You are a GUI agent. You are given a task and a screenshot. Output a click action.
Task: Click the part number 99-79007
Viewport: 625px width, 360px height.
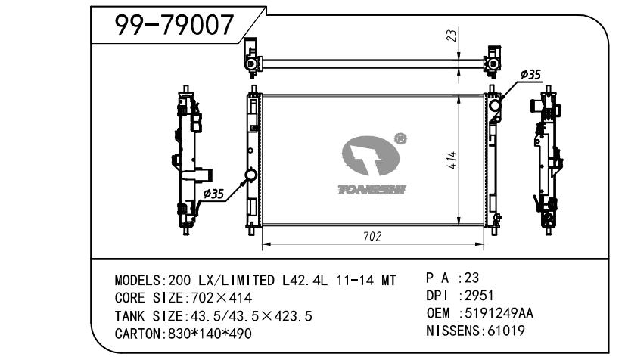pos(174,25)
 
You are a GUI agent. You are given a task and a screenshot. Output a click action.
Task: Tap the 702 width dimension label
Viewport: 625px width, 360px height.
pos(372,237)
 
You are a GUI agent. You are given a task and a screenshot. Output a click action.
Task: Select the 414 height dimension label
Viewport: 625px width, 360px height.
pos(451,160)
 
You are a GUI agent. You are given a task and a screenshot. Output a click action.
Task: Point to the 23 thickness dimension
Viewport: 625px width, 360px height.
pos(451,36)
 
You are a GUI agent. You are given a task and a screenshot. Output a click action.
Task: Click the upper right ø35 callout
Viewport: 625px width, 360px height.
pos(530,74)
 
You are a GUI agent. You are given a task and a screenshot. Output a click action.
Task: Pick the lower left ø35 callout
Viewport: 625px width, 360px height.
pos(213,194)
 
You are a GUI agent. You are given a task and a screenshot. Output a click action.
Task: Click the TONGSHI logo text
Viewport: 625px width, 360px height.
pos(372,190)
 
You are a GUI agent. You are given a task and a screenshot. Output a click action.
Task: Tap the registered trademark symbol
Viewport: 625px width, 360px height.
pos(400,138)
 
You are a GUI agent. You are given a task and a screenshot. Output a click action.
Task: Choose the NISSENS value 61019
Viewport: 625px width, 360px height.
pos(506,331)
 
